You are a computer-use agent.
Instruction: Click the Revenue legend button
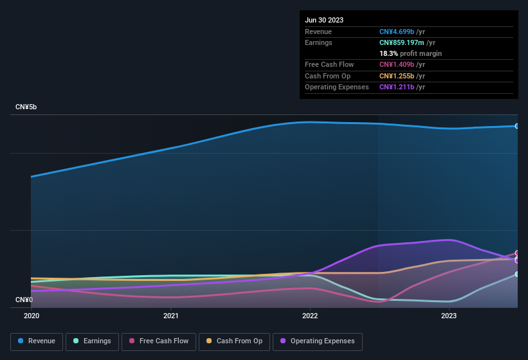click(x=37, y=341)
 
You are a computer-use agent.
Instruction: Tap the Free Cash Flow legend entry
click(x=159, y=341)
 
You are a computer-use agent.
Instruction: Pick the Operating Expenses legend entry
click(x=318, y=341)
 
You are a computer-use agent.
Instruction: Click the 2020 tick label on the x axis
click(x=32, y=316)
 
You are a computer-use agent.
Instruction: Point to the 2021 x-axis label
click(x=171, y=316)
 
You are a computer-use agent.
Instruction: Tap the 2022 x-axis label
click(x=310, y=316)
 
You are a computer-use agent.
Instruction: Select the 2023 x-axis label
click(x=449, y=316)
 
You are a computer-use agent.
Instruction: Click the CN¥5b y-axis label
click(x=26, y=107)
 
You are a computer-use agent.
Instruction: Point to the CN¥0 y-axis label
click(x=24, y=300)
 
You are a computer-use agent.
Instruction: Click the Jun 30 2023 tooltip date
click(x=324, y=20)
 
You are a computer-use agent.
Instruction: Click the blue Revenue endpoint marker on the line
click(x=517, y=126)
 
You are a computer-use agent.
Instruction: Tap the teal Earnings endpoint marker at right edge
click(x=517, y=274)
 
